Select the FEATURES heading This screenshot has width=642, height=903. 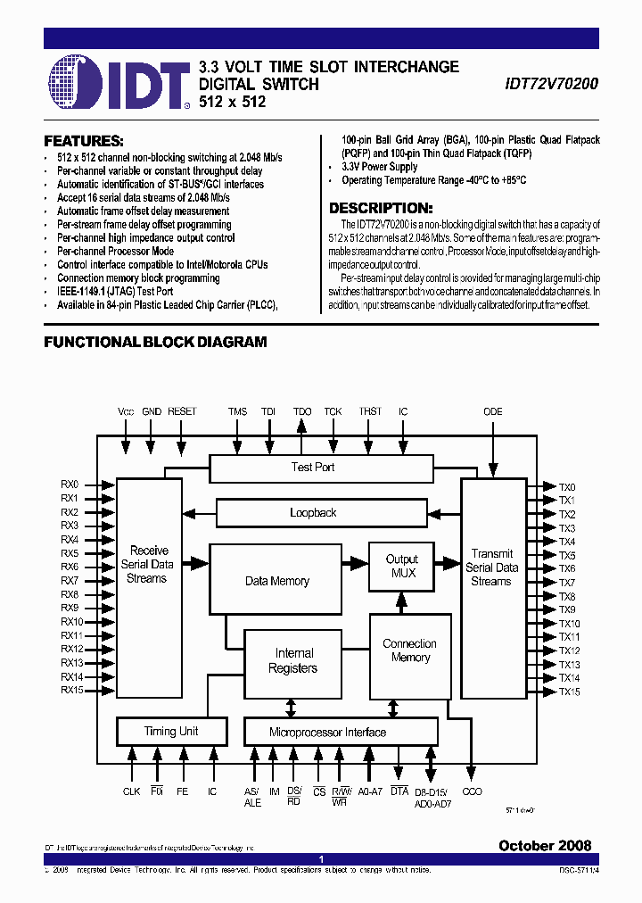click(x=84, y=141)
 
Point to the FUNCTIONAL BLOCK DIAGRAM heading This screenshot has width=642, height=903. click(x=156, y=342)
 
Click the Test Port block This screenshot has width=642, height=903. click(x=313, y=468)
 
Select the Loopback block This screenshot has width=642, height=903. click(x=313, y=513)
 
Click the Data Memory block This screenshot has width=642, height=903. click(x=276, y=581)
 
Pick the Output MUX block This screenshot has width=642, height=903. click(x=402, y=566)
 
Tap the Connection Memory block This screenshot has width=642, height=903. click(x=410, y=650)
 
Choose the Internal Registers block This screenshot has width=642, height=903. click(x=293, y=661)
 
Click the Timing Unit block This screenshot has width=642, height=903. click(x=171, y=732)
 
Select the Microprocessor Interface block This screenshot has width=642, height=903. click(x=328, y=733)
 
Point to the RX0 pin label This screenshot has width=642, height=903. click(x=70, y=485)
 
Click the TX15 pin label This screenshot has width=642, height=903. click(x=569, y=692)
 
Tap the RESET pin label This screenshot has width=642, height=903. click(x=182, y=411)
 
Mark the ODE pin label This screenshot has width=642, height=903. click(x=492, y=411)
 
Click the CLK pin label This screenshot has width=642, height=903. click(x=132, y=791)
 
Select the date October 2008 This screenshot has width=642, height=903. click(x=544, y=846)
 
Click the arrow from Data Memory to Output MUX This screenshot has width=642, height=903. click(x=356, y=565)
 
